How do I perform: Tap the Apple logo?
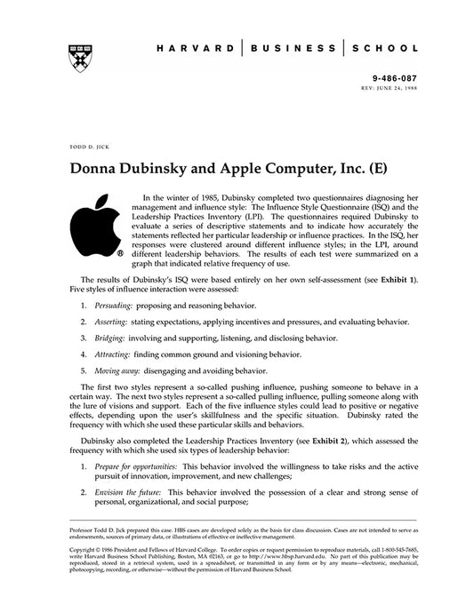point(92,226)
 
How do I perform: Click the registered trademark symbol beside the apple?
point(119,251)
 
